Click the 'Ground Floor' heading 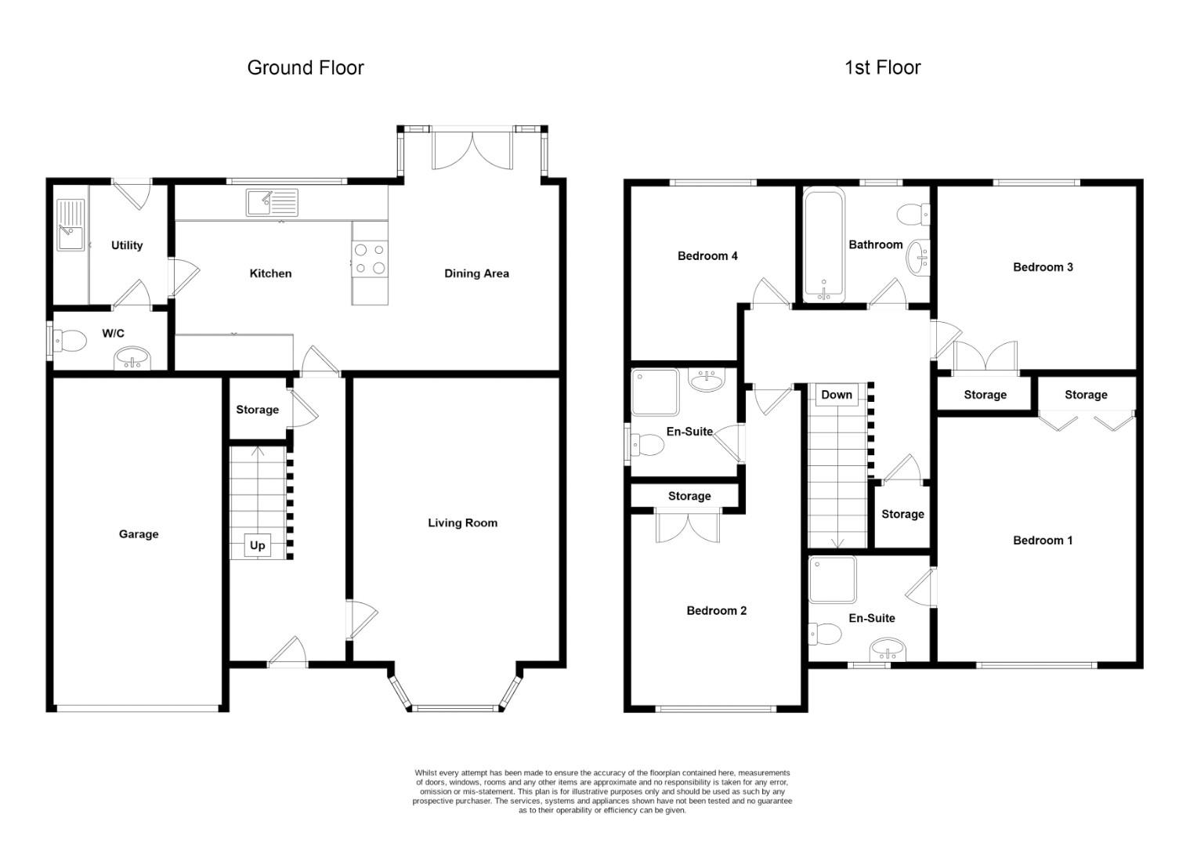[306, 68]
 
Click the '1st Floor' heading [882, 68]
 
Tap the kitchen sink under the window [271, 202]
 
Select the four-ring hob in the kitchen [370, 259]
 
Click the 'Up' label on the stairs [257, 545]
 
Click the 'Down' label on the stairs [836, 395]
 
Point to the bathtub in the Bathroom [823, 244]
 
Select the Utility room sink [71, 226]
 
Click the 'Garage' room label [139, 534]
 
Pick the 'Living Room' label [462, 523]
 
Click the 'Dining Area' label [476, 273]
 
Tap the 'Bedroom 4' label [707, 256]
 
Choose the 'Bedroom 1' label [1043, 540]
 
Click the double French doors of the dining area [473, 149]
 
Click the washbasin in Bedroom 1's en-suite [887, 649]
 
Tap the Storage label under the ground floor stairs [257, 410]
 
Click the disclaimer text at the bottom [602, 791]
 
